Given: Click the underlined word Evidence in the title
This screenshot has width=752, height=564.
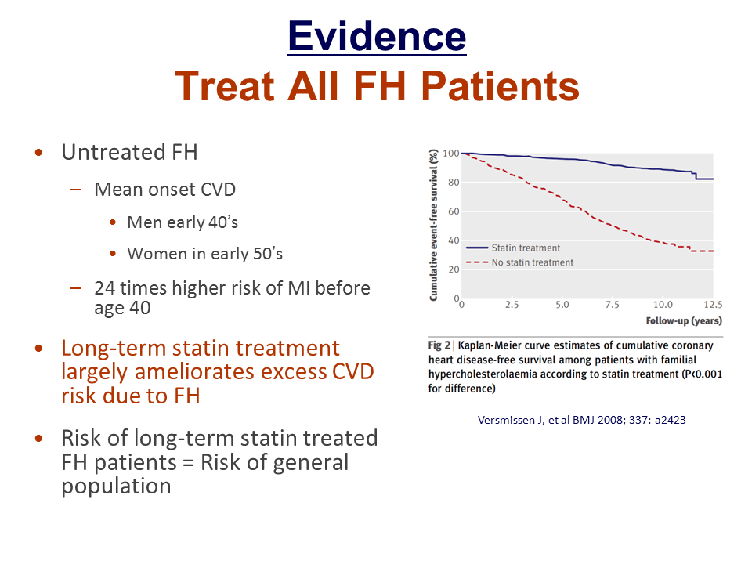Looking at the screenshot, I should (x=377, y=36).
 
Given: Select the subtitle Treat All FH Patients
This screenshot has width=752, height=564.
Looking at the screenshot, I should (x=377, y=86).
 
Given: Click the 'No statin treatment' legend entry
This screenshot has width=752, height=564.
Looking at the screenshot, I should (x=532, y=262).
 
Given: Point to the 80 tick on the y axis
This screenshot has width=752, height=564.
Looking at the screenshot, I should (x=450, y=183).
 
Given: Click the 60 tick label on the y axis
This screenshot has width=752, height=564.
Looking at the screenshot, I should (x=450, y=211).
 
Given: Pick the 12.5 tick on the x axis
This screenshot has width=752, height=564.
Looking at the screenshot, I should (x=713, y=304).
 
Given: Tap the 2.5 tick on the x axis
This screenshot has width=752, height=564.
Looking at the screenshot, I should (x=512, y=304).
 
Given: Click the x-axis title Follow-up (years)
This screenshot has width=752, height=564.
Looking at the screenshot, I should (x=684, y=320).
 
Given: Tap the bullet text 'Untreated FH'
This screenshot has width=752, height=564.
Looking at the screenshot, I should (x=129, y=152).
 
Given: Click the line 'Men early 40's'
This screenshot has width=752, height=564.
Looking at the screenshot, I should (x=183, y=222).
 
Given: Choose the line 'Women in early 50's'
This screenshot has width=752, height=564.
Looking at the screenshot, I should (x=204, y=254).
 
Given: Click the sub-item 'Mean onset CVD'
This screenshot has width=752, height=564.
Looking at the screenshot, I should (x=164, y=189).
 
